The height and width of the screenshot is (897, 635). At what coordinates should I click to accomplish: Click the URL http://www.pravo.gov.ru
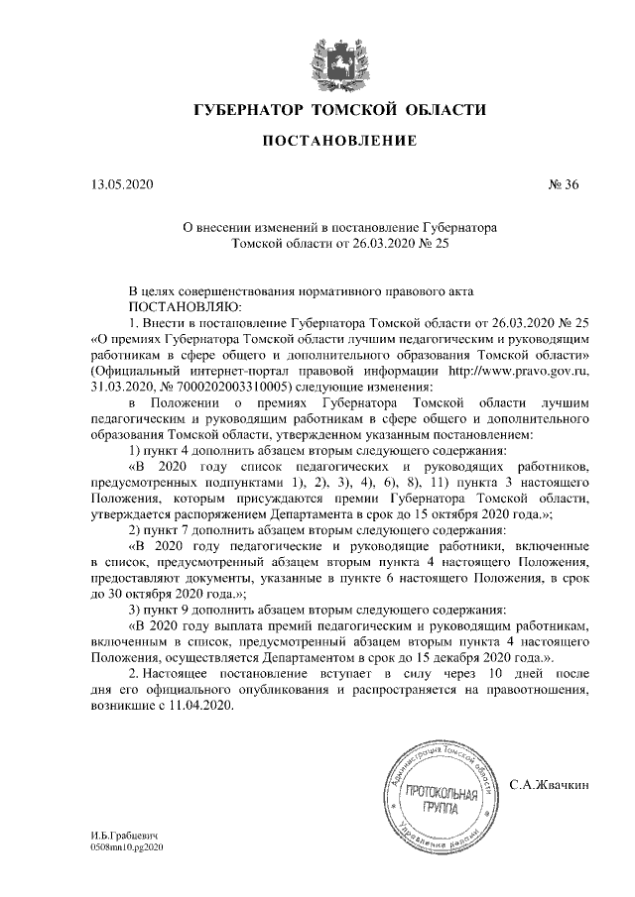519,370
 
